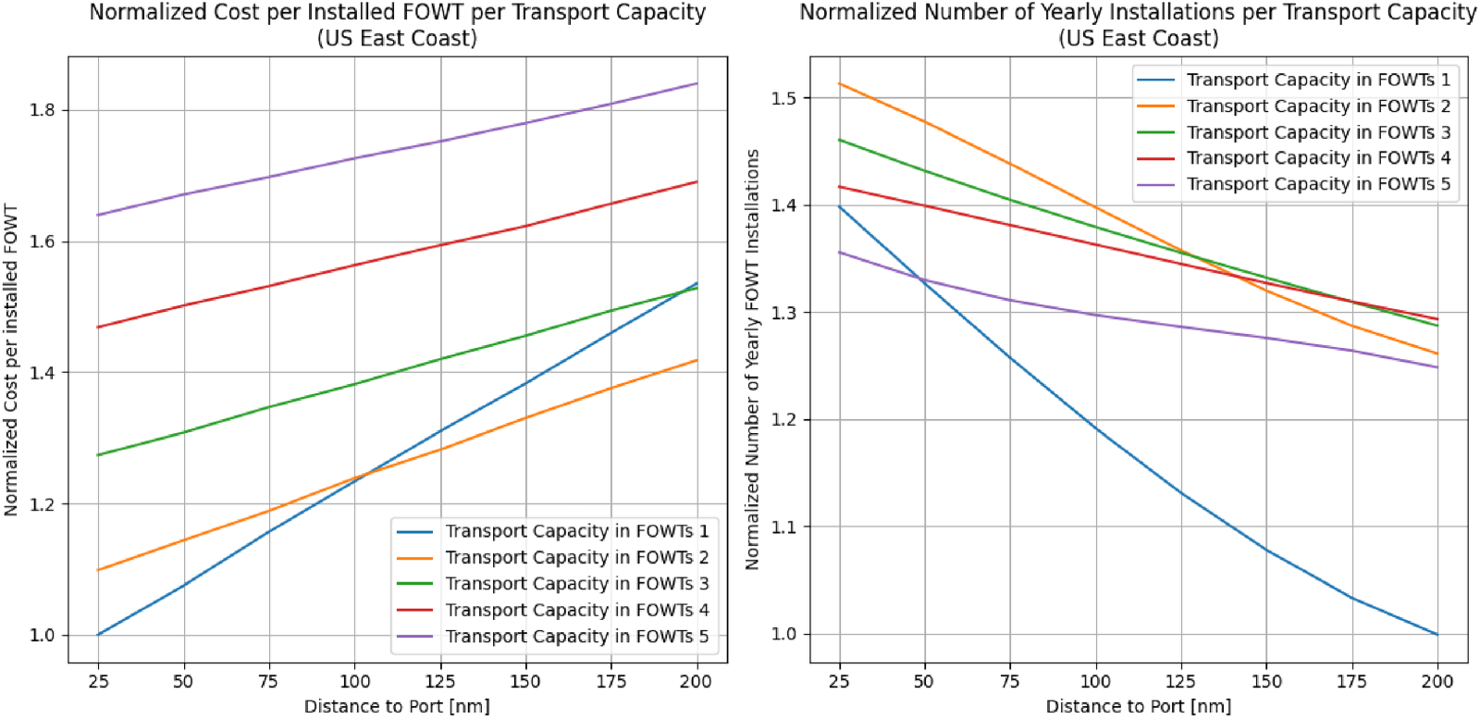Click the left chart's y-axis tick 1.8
pos(43,110)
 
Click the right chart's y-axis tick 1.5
pos(784,98)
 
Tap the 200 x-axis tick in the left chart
pos(696,682)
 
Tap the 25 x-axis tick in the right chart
pos(839,682)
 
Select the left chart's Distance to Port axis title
pos(397,707)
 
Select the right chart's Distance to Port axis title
pos(1138,707)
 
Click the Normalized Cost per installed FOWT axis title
pos(11,360)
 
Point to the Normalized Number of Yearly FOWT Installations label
pos(752,360)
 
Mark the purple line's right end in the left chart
pos(697,84)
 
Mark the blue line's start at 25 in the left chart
pos(98,635)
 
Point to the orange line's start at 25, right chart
pos(840,84)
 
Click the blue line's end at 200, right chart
pos(1437,634)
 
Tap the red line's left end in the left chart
pos(98,328)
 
